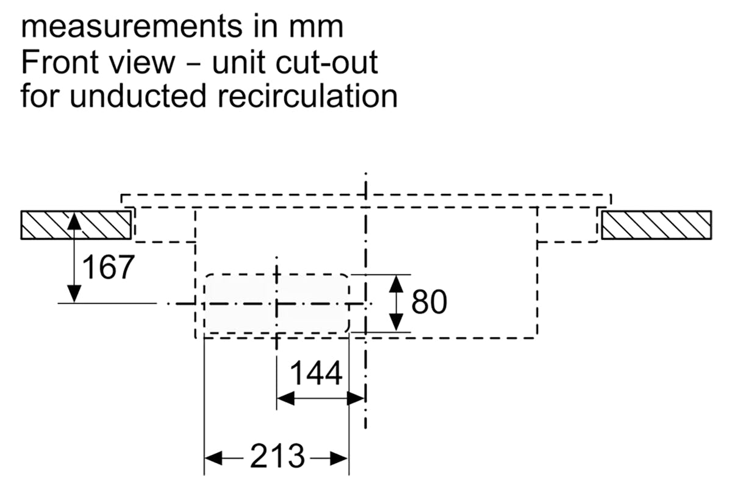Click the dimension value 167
[108, 267]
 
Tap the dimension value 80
[429, 302]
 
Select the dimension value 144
[316, 373]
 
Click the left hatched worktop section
[76, 225]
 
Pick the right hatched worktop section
[656, 225]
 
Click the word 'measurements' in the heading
[132, 27]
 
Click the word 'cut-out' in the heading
[327, 62]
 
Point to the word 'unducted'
[138, 95]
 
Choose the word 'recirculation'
[307, 95]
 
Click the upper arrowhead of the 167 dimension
[74, 220]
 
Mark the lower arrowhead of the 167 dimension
[74, 294]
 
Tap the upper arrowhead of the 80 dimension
[396, 284]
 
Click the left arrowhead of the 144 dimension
[285, 399]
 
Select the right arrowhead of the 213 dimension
[339, 459]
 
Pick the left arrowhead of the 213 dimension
[213, 459]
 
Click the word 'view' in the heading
[143, 62]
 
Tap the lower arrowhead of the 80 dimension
[396, 322]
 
